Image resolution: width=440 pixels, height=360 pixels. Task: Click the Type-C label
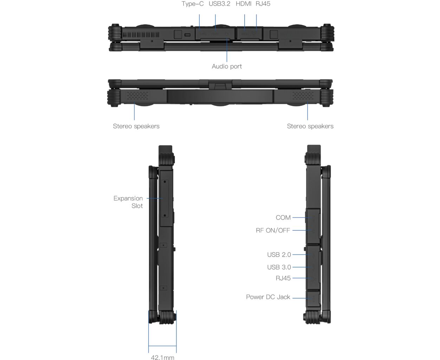(x=192, y=4)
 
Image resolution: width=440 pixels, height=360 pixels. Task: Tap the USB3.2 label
(x=219, y=4)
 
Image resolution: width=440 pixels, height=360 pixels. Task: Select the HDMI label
(x=244, y=4)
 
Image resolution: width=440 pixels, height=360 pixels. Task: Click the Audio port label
(x=227, y=66)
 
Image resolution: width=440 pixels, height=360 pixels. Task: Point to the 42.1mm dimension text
(x=162, y=357)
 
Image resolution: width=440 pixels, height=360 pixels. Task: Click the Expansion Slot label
(x=128, y=202)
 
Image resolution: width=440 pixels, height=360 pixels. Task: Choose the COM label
(x=283, y=218)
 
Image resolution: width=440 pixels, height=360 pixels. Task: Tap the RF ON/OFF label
(x=273, y=230)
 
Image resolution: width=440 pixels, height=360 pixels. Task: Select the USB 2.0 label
(x=279, y=255)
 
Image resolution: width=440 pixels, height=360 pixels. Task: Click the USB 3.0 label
(x=279, y=267)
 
